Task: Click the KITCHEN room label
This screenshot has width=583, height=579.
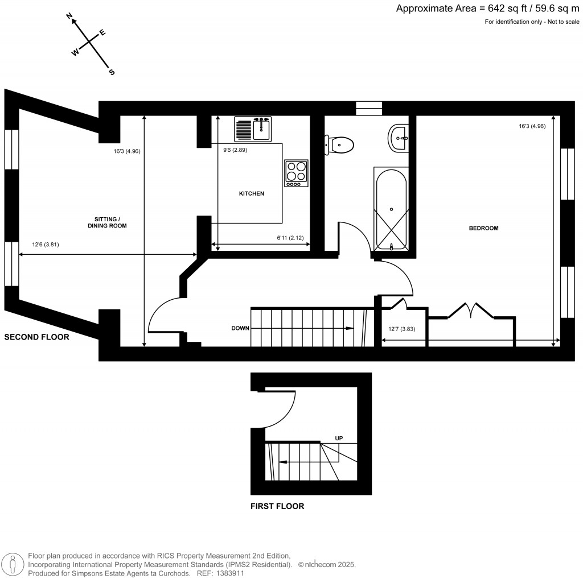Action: [x=251, y=194]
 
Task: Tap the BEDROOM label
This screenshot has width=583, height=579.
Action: [x=483, y=228]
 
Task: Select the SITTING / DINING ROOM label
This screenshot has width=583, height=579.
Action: [x=107, y=222]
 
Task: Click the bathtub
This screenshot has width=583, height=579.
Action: [x=391, y=209]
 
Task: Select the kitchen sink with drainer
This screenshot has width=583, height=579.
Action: [x=253, y=129]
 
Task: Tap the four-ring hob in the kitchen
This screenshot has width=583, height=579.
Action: [x=296, y=173]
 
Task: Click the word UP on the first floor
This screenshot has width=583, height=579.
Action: [x=339, y=439]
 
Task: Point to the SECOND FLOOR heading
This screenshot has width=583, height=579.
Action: [x=36, y=337]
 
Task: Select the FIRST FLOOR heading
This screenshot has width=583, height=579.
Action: [x=277, y=506]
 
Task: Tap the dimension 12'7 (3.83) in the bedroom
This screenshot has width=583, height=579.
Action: [x=402, y=329]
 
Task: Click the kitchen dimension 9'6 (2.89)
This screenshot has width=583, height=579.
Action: [x=234, y=151]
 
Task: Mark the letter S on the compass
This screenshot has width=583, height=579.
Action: [x=112, y=72]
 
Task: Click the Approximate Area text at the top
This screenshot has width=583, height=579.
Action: [x=487, y=9]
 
